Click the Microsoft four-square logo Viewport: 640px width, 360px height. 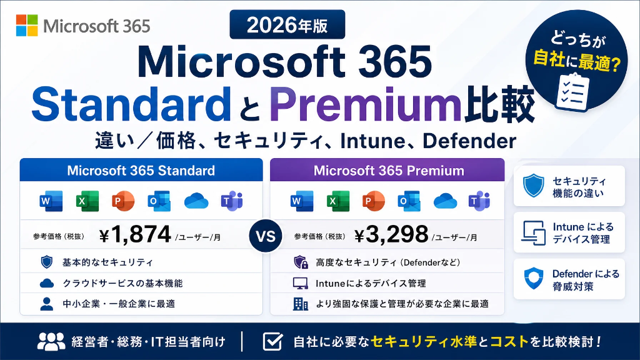coord(27,25)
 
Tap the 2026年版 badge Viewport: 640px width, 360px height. coord(287,25)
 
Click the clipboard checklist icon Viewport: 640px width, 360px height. coord(573,92)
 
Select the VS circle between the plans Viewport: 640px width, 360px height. coord(266,236)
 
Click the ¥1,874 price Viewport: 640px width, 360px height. coord(135,234)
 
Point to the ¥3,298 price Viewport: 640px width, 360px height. coord(391,234)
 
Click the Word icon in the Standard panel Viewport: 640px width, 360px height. coord(51,201)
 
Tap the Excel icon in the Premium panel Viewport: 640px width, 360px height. coord(338,201)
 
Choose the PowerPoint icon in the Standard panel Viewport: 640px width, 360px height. coord(123,201)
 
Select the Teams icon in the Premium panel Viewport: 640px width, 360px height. coord(479,201)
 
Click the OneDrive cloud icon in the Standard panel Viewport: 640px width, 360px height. coord(196,201)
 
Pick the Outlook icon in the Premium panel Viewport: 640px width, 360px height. coord(409,201)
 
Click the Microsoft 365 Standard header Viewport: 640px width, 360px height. coord(141,170)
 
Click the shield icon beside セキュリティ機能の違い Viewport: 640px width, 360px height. coord(534,186)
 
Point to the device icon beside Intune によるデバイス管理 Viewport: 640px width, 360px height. coord(534,232)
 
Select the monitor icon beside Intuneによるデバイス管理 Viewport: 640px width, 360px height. coord(301,283)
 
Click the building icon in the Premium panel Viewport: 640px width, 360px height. coord(301,304)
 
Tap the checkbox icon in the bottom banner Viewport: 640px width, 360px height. coord(272,341)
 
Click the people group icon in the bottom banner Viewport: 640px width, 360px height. coord(51,341)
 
